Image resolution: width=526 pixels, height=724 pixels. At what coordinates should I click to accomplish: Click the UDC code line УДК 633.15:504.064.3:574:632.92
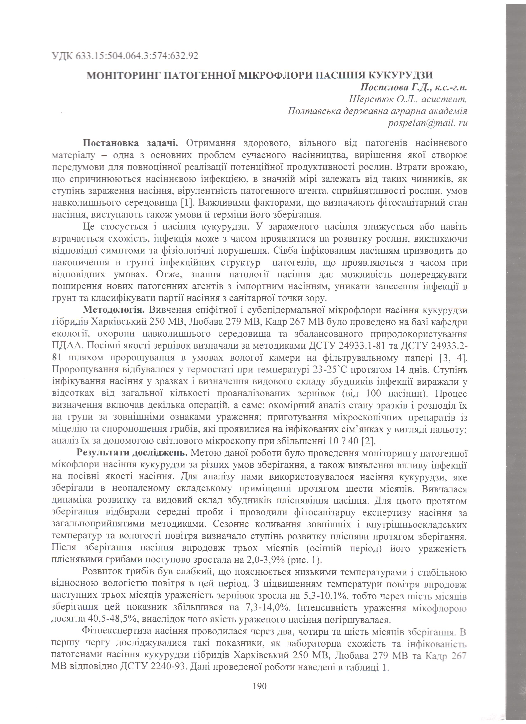(125, 56)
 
